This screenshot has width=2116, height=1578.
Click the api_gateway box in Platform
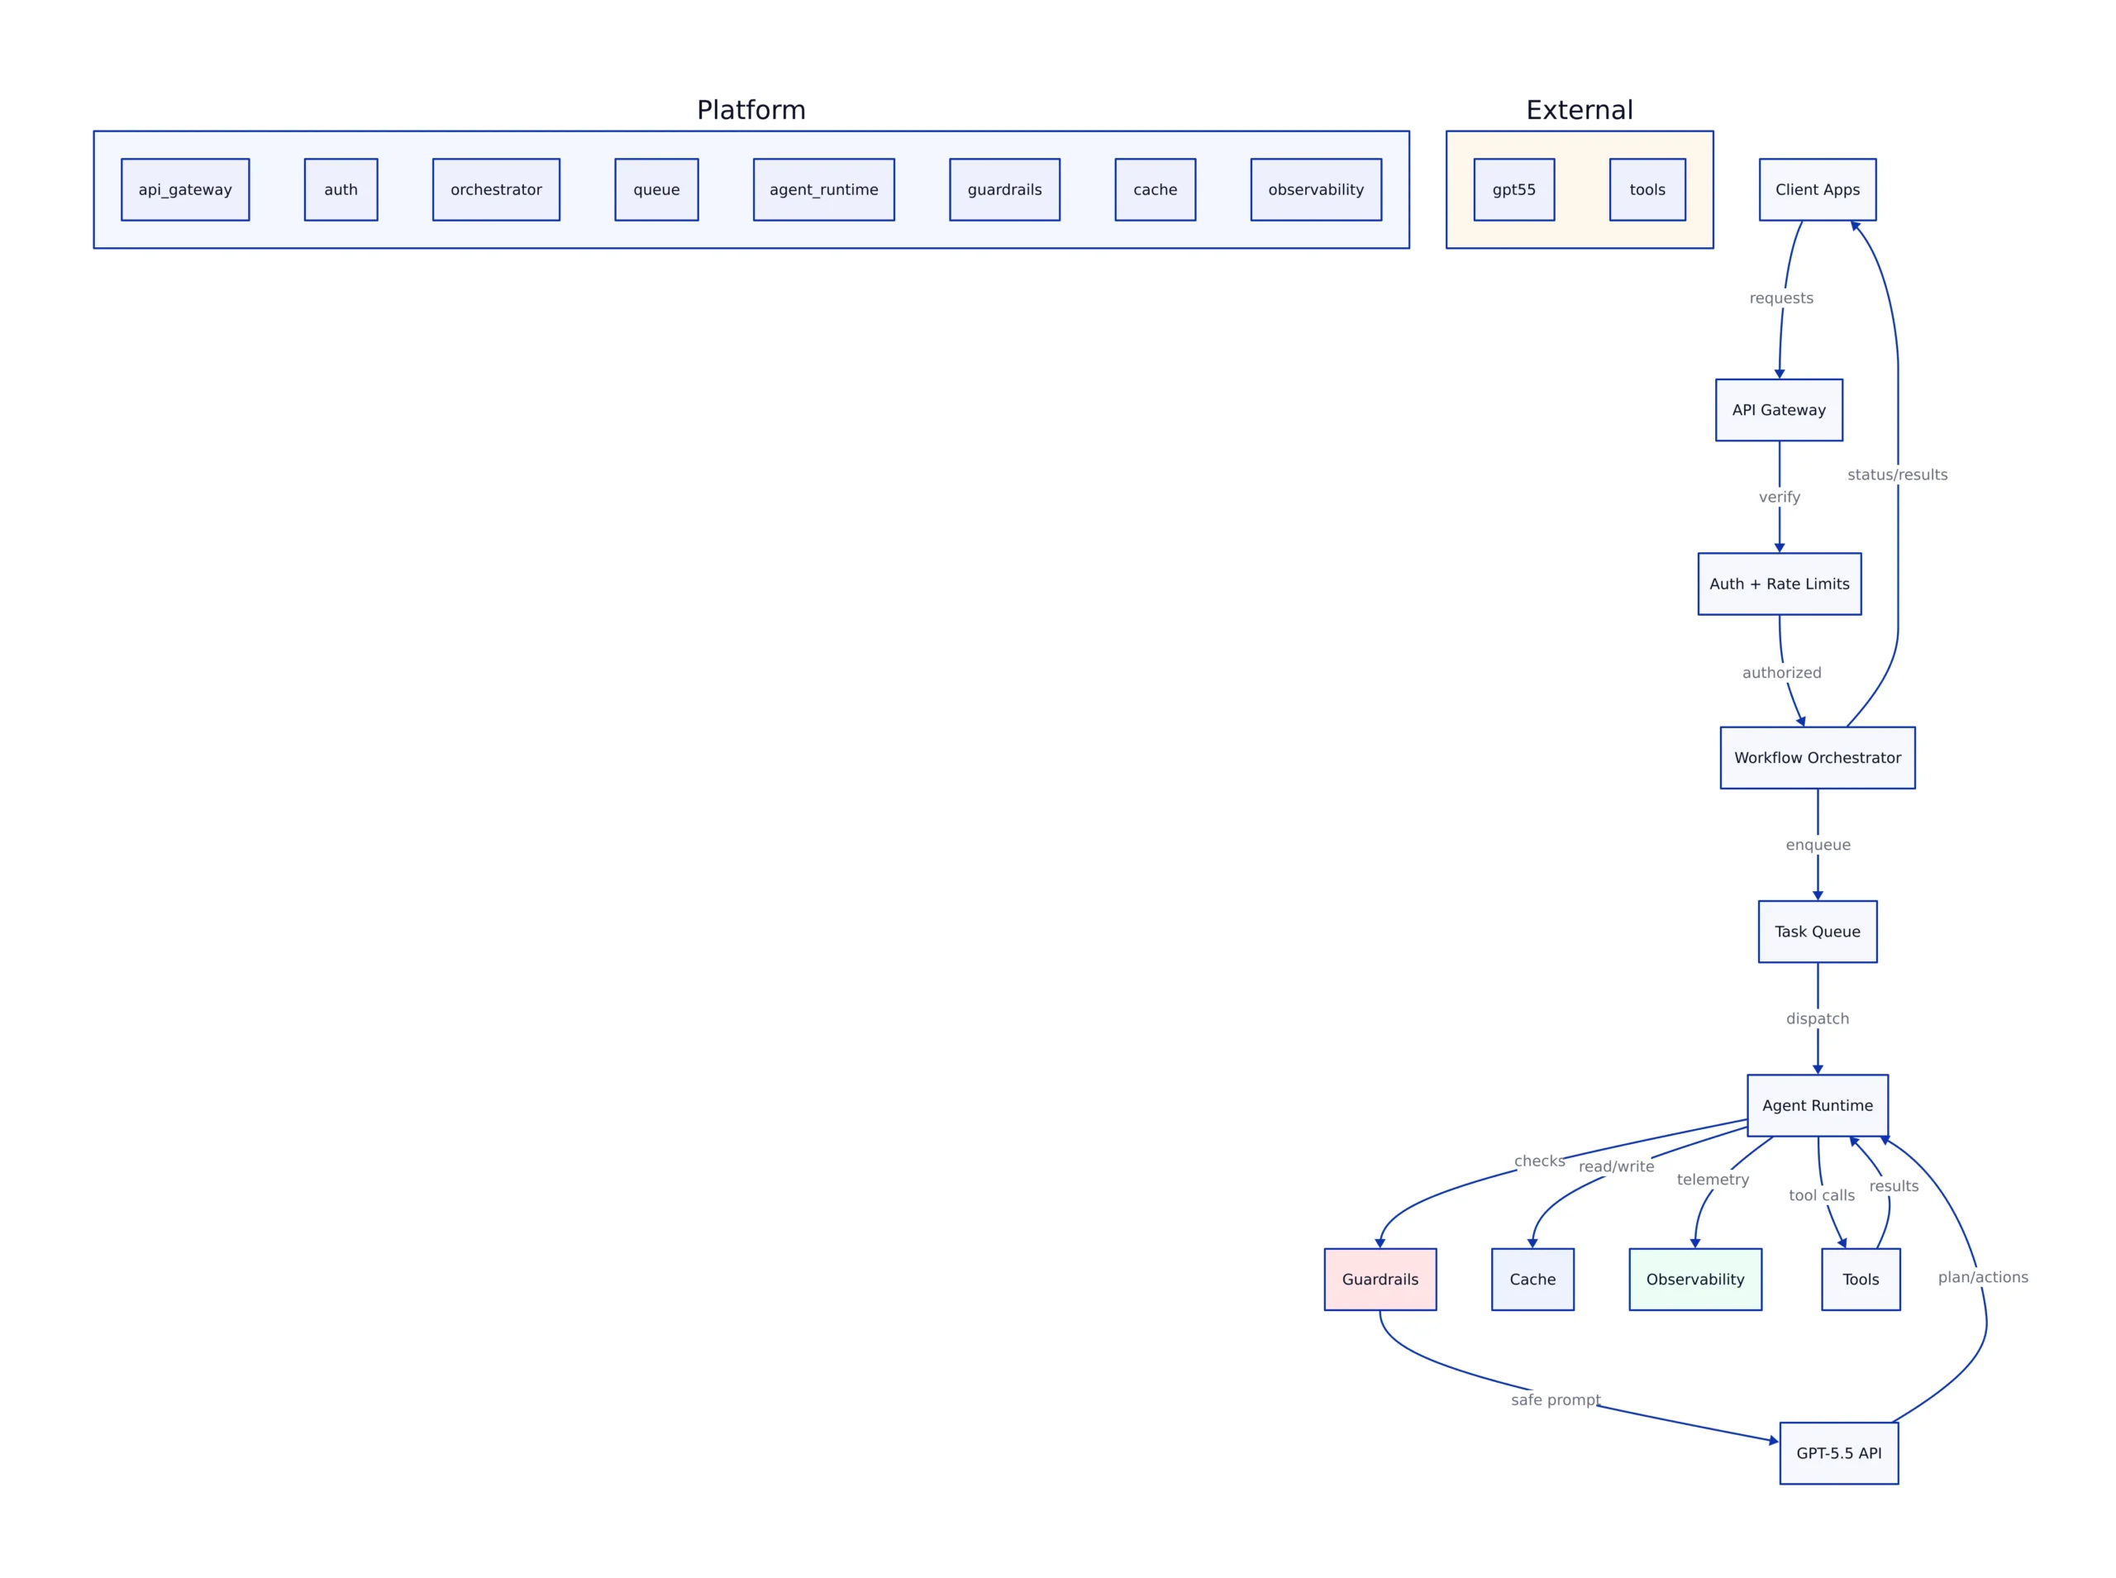pos(185,189)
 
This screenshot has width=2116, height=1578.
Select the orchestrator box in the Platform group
pos(496,189)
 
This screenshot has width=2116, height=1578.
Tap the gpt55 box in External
pos(1513,189)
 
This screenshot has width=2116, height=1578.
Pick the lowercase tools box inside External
pos(1647,189)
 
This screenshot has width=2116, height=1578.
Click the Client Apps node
pos(1816,189)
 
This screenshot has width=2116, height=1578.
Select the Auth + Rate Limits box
pos(1778,584)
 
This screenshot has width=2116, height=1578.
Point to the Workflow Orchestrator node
pos(1816,757)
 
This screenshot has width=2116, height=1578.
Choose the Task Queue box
pos(1816,932)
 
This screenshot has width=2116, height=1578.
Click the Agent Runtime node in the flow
pos(1816,1105)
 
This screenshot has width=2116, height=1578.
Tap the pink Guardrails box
pos(1379,1279)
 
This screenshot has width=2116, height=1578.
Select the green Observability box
pos(1694,1279)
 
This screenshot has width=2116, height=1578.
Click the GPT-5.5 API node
pos(1838,1453)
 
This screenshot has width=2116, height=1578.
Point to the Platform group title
pos(751,110)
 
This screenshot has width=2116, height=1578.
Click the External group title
pos(1579,110)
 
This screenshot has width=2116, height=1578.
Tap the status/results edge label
pos(1896,474)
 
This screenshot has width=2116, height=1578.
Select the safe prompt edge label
pos(1555,1399)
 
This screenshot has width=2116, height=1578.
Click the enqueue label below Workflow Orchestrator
pos(1817,845)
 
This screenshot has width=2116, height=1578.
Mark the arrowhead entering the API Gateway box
pos(1778,374)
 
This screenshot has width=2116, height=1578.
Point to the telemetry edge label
pos(1712,1180)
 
